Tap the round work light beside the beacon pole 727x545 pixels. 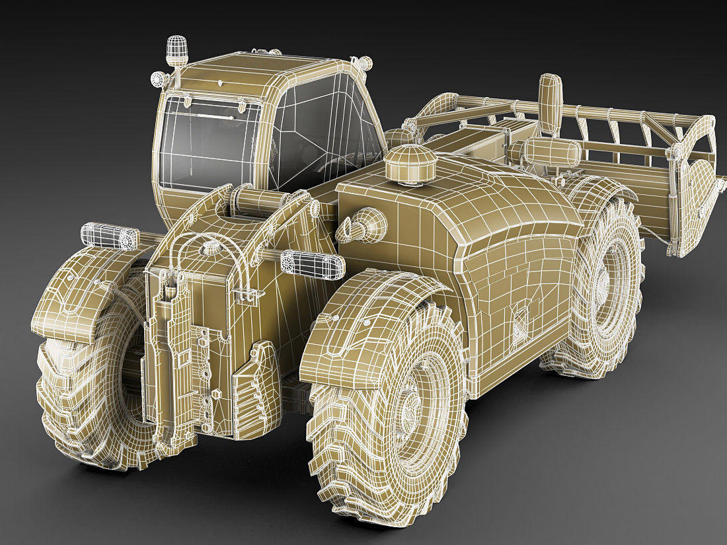pos(157,79)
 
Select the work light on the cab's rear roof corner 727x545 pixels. pos(362,63)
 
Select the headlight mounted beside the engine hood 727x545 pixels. pos(312,263)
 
